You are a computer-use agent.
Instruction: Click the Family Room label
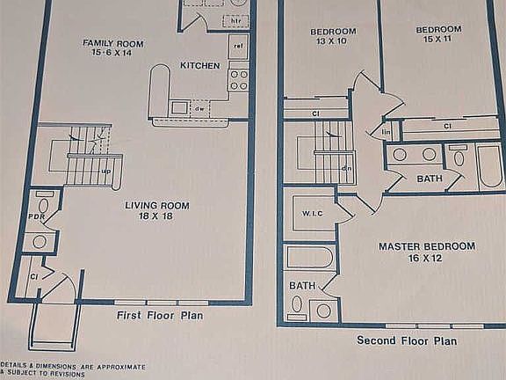[x=112, y=48]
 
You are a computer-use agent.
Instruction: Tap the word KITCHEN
[x=199, y=65]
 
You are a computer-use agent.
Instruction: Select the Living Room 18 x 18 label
[x=156, y=211]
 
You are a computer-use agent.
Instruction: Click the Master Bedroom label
[x=426, y=252]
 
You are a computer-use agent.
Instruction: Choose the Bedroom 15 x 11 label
[x=437, y=35]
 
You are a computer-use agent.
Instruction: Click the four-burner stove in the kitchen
[x=238, y=80]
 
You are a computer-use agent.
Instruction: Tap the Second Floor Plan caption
[x=407, y=340]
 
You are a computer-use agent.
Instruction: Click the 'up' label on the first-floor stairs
[x=106, y=171]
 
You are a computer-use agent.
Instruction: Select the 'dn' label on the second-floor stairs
[x=347, y=168]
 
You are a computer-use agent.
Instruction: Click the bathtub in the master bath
[x=310, y=258]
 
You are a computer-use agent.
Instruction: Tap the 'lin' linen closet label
[x=386, y=133]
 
